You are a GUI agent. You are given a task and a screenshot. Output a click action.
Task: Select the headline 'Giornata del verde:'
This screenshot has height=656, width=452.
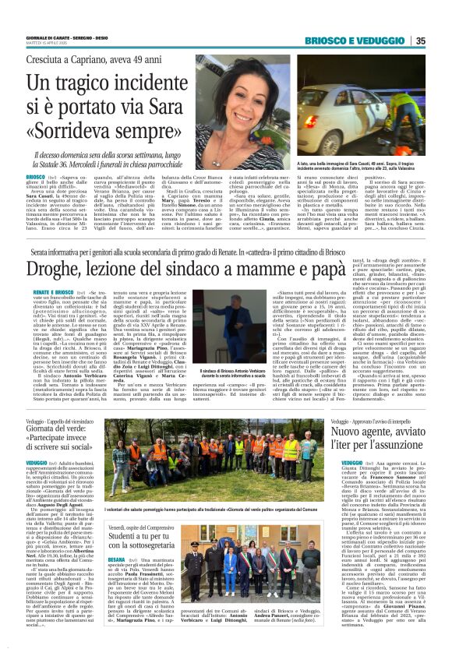[59, 431]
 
